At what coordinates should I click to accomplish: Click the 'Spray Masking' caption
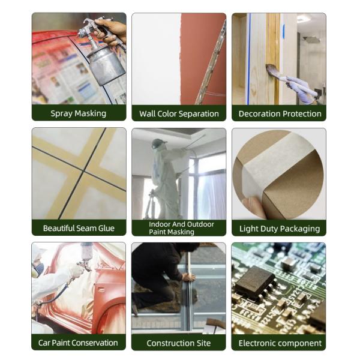[78, 113]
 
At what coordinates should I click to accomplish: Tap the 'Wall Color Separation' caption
[179, 113]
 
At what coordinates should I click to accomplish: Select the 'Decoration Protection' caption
[280, 113]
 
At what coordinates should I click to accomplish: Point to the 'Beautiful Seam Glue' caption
[79, 228]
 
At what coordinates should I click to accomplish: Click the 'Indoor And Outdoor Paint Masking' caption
[181, 228]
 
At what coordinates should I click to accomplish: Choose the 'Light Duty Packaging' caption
[280, 229]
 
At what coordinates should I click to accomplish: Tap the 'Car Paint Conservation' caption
[78, 343]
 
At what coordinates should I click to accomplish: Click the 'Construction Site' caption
[179, 343]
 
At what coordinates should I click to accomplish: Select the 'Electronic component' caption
[280, 343]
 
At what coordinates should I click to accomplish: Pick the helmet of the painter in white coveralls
[158, 143]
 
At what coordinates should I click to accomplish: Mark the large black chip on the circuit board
[256, 282]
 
